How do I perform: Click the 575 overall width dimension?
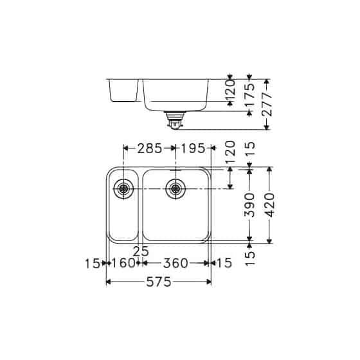pyautogui.click(x=159, y=282)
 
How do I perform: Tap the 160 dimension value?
pyautogui.click(x=123, y=263)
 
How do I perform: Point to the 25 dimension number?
pyautogui.click(x=141, y=251)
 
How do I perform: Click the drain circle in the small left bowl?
pyautogui.click(x=122, y=188)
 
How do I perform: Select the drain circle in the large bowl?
pyautogui.click(x=174, y=188)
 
